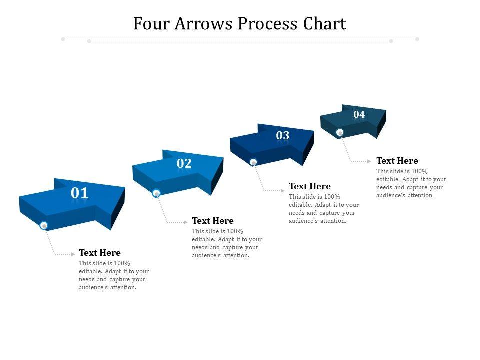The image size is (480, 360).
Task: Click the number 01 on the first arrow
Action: click(80, 193)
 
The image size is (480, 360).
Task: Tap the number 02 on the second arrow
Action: click(184, 163)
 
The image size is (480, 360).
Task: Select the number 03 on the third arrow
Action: click(283, 135)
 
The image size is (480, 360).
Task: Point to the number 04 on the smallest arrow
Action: click(359, 115)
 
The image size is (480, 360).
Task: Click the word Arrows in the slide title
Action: click(203, 24)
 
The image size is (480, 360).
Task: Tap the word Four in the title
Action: click(151, 24)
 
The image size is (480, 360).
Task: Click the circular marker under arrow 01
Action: click(44, 226)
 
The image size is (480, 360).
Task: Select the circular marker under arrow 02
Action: click(156, 193)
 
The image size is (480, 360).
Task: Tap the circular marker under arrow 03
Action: click(253, 162)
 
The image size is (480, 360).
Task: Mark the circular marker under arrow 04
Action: click(340, 133)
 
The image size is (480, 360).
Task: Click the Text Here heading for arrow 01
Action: click(100, 253)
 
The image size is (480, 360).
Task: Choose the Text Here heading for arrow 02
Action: click(213, 221)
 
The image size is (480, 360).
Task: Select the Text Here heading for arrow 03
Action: click(310, 186)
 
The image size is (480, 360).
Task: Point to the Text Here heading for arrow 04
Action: click(397, 161)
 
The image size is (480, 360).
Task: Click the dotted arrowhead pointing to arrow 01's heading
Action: click(73, 254)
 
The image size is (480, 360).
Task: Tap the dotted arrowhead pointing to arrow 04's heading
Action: click(370, 161)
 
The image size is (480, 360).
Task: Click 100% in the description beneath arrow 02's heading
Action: click(235, 231)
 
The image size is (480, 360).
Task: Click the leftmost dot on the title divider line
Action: click(63, 39)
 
